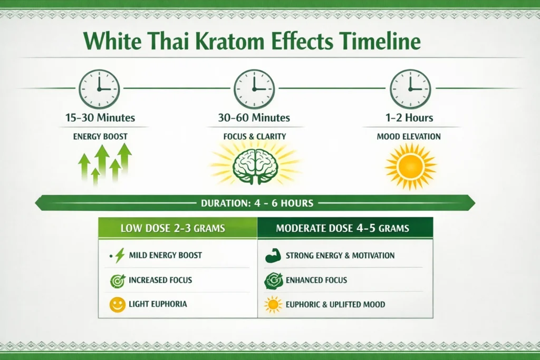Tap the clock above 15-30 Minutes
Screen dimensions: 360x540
pos(99,89)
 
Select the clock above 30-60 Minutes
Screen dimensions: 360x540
pos(254,89)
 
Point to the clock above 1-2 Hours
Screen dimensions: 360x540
pos(410,89)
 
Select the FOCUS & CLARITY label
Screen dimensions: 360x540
pos(254,137)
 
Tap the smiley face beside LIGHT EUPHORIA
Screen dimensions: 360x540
pos(117,304)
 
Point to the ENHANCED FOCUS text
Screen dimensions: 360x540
pos(316,280)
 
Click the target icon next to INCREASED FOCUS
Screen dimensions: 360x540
pos(117,280)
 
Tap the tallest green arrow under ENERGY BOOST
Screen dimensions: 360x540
pos(124,158)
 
